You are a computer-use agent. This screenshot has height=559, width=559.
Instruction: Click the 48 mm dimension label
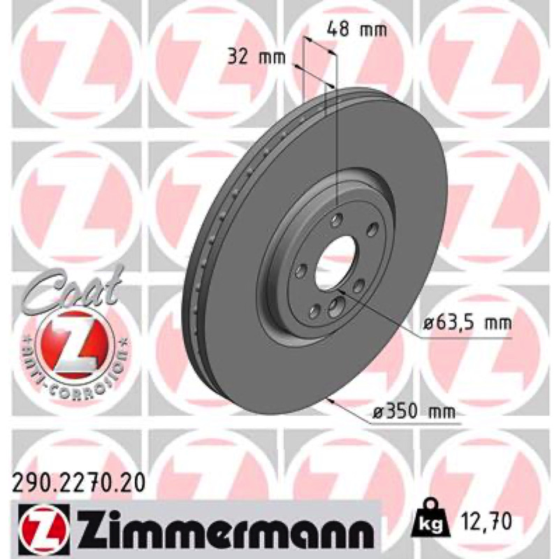(x=357, y=29)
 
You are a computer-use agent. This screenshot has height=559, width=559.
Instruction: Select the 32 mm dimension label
(x=256, y=57)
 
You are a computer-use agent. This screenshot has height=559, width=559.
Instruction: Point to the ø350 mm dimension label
(x=414, y=412)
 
